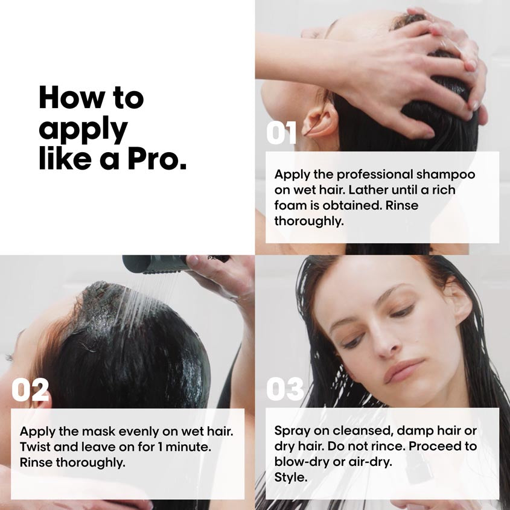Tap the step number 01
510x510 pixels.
pos(281,133)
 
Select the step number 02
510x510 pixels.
pos(30,389)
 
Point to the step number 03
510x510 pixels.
pos(285,389)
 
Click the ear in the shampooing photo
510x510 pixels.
pos(319,120)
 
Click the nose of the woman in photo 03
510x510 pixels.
pos(384,345)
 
